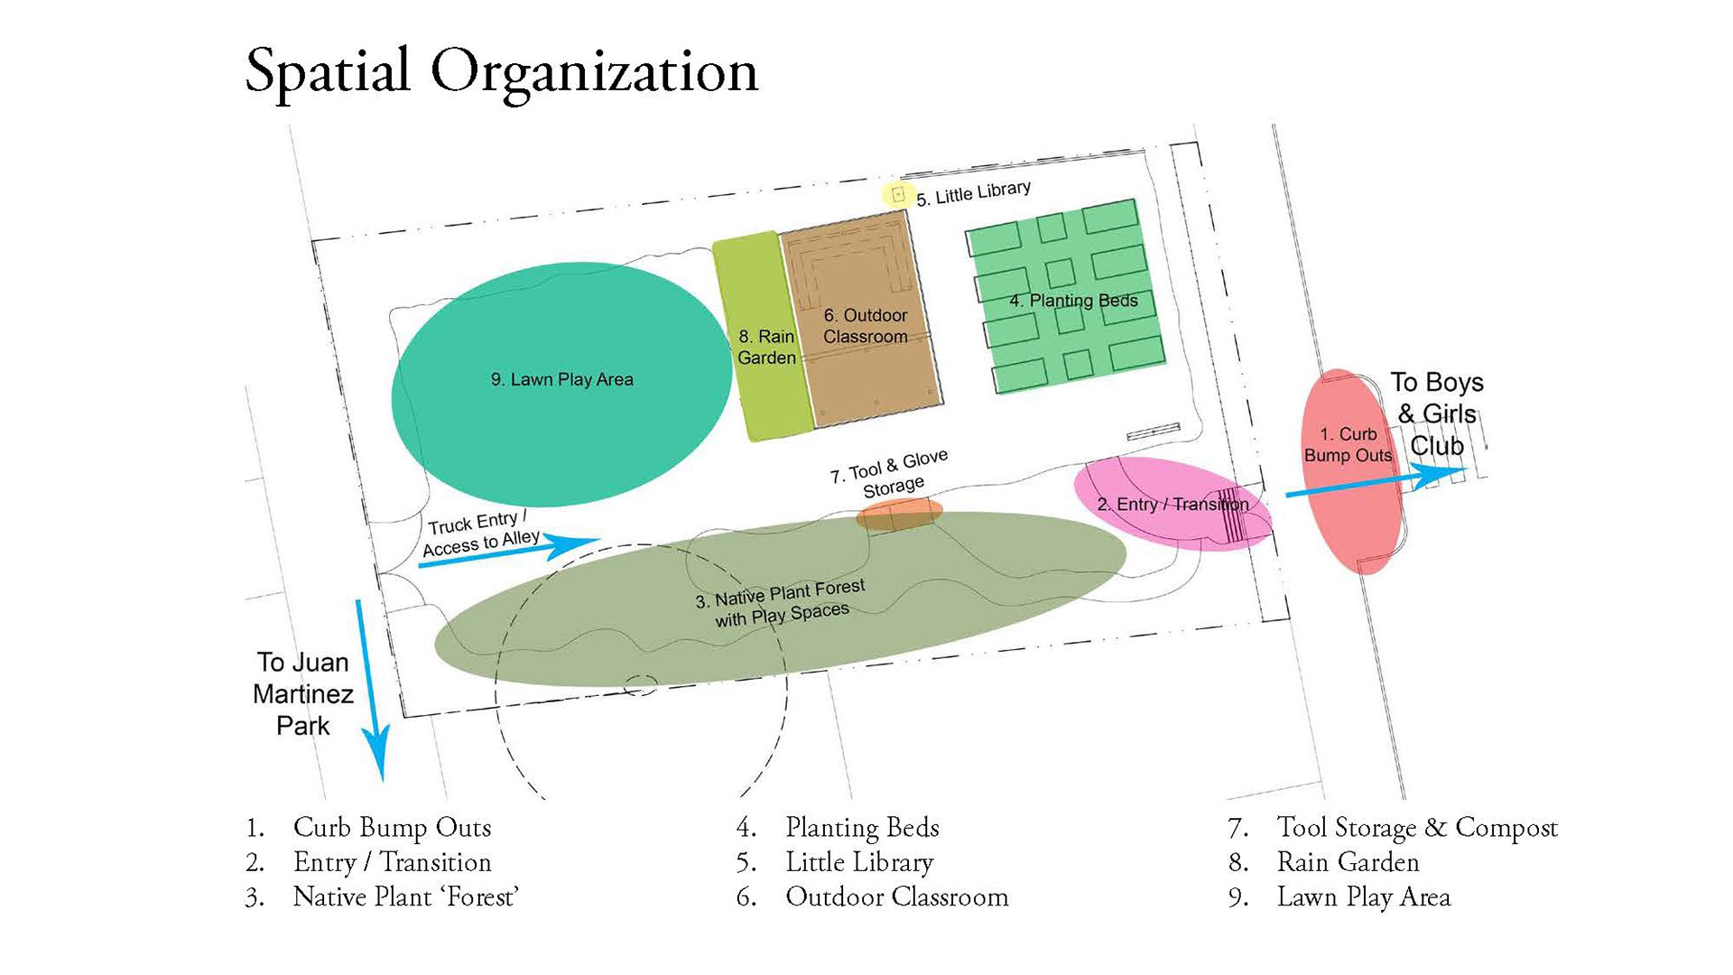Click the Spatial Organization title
501,72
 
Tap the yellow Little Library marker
897,194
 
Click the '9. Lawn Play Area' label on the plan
561,380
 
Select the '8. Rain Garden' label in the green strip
766,348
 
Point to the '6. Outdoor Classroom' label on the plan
865,326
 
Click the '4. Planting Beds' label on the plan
1072,301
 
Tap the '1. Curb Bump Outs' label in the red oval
1348,445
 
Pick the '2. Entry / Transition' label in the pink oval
1172,504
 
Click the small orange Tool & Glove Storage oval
899,514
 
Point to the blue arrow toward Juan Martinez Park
371,686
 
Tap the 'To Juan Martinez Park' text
302,693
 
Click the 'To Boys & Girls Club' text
1436,414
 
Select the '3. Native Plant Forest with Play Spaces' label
782,603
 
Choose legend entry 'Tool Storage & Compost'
1416,828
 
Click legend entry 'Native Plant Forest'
405,897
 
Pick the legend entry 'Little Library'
858,863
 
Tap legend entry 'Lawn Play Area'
1363,897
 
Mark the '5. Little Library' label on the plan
973,193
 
